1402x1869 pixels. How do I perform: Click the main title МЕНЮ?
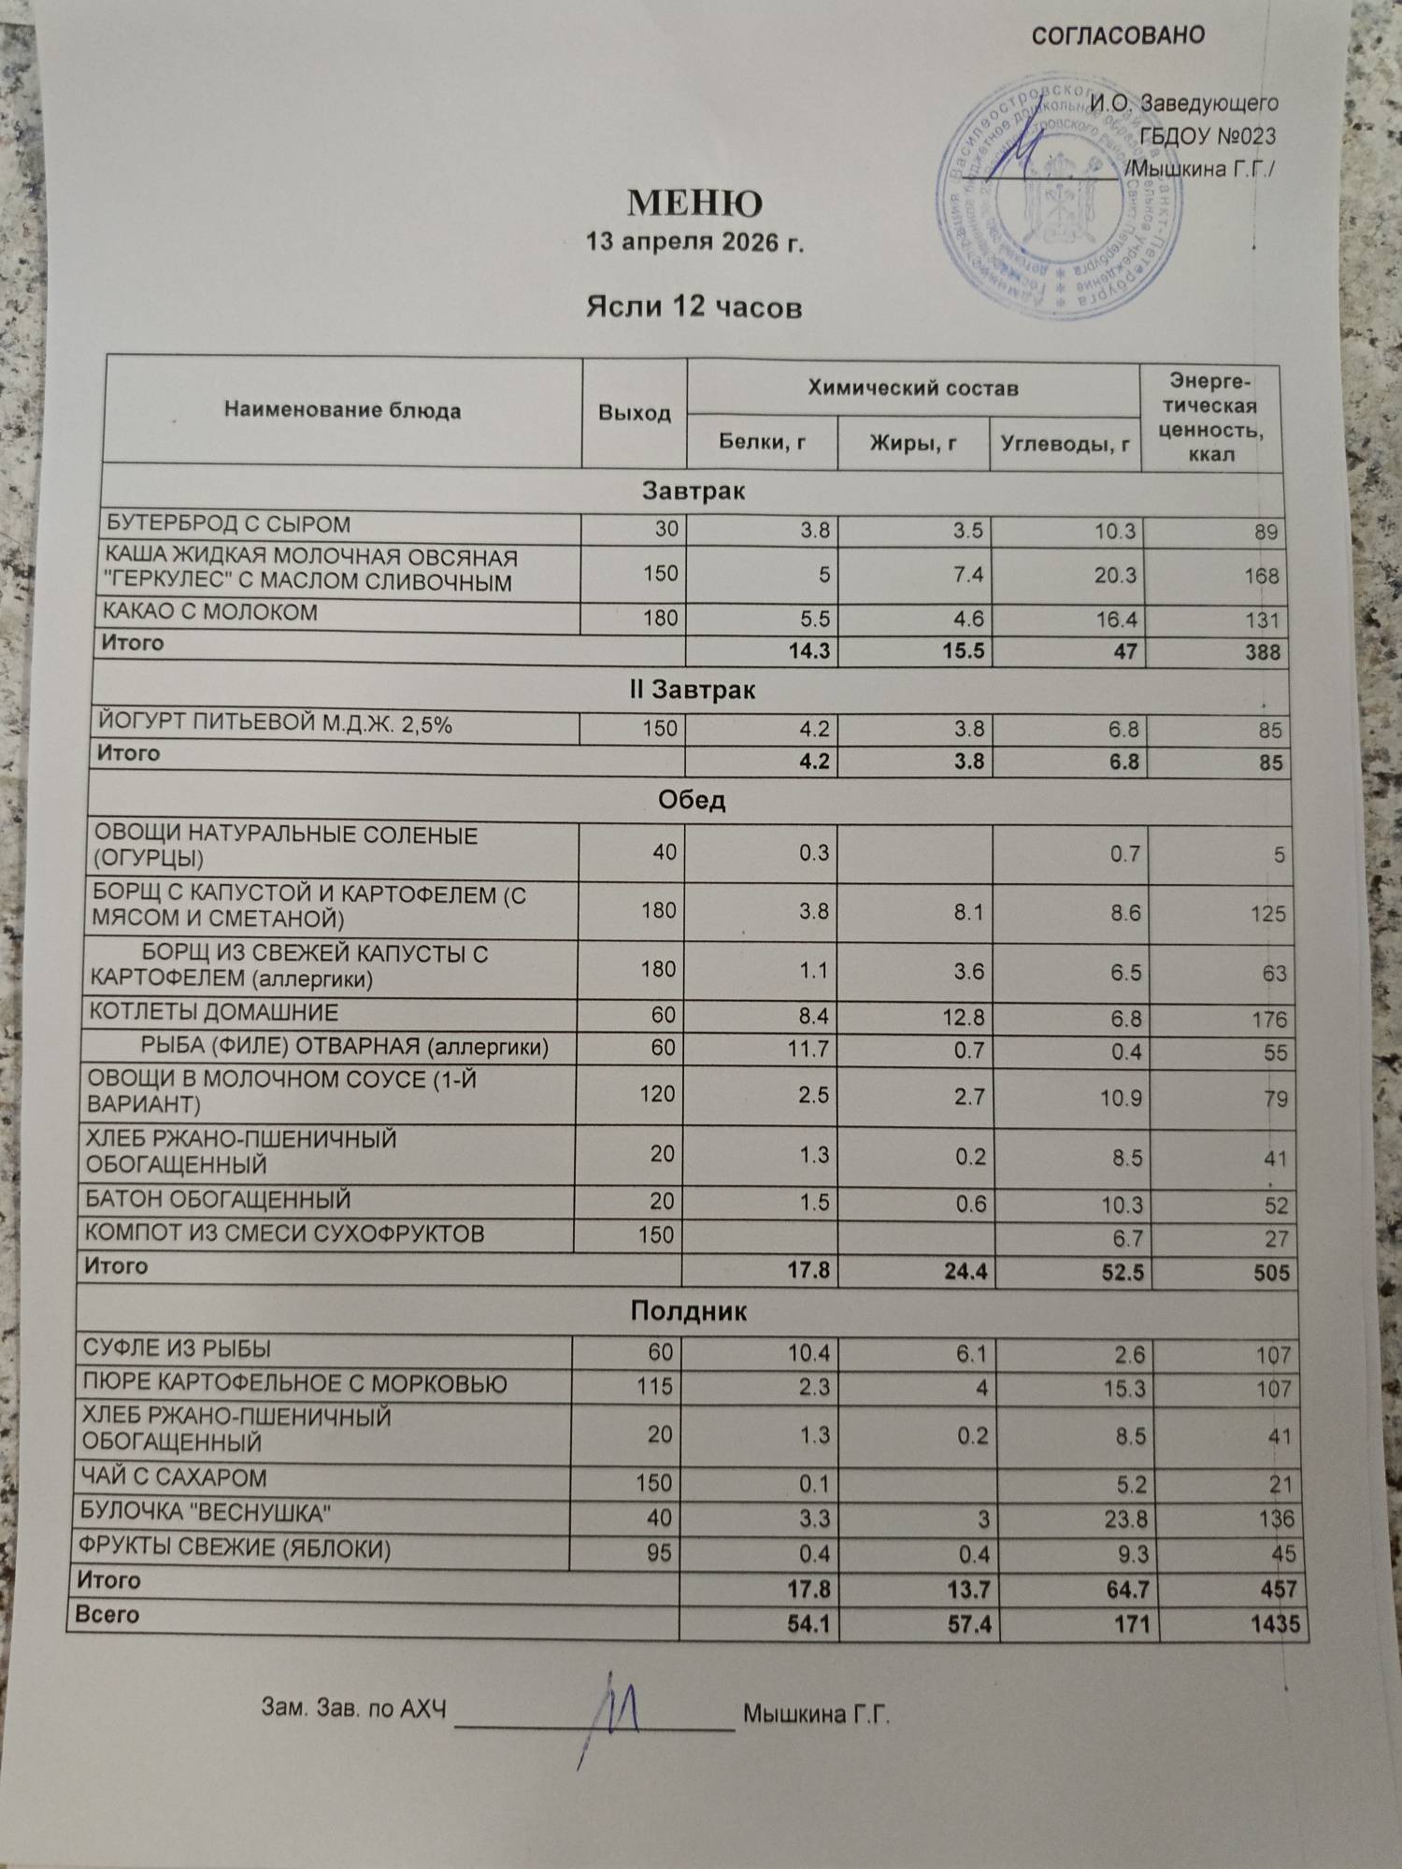pos(694,204)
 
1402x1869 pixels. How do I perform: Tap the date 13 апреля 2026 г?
pos(694,244)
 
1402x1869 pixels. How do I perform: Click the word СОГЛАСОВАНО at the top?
pos(1117,36)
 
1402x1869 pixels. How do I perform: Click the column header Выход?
pos(634,413)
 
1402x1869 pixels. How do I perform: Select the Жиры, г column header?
pos(912,443)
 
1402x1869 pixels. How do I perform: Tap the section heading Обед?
pos(692,801)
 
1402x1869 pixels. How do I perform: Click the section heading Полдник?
pos(689,1312)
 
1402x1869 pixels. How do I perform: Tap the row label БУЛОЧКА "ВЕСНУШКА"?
pos(207,1513)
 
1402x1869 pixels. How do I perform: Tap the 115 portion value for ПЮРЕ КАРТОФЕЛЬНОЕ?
pos(653,1386)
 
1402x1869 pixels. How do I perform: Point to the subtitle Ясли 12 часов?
pos(694,307)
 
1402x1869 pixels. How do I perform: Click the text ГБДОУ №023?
pos(1208,136)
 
